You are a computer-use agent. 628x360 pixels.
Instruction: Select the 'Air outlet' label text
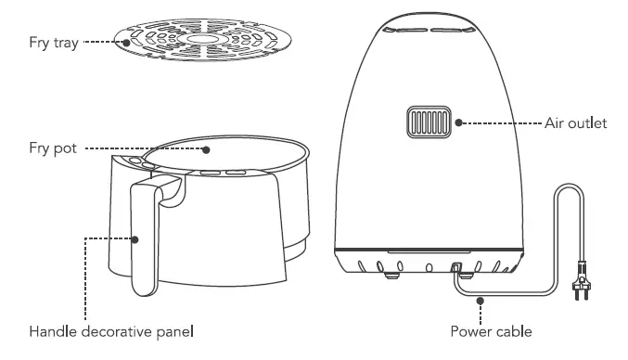(575, 122)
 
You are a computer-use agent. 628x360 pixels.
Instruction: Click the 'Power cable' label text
(490, 330)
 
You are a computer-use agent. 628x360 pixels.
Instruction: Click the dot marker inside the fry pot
(206, 148)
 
